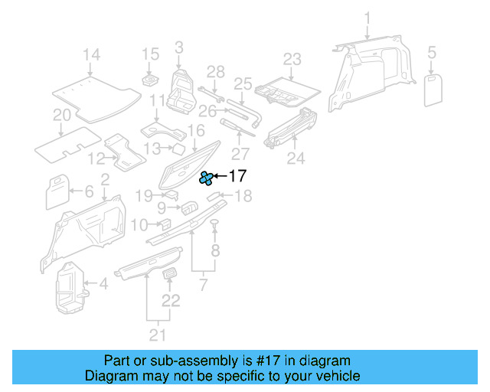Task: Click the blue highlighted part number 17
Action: [206, 178]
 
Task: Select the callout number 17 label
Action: [238, 176]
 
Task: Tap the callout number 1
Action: [367, 18]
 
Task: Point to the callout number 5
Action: [432, 52]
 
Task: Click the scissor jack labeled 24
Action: [291, 127]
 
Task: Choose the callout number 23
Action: [292, 60]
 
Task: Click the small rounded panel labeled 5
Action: [433, 90]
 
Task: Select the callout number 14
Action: [92, 54]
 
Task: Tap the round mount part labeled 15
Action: [150, 80]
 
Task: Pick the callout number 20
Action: [62, 115]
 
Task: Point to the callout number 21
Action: [158, 335]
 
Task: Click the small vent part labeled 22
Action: [170, 273]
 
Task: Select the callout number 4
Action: [104, 283]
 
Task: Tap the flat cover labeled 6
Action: [57, 191]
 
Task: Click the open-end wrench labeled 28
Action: [211, 94]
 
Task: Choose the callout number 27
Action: [240, 154]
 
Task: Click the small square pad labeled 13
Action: [179, 149]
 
